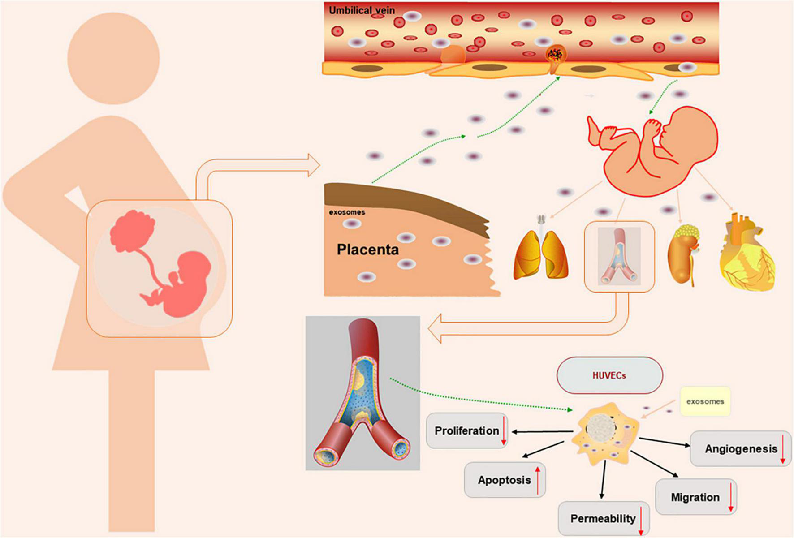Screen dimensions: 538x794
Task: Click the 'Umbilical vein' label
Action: point(362,10)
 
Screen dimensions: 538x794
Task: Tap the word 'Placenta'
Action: point(367,250)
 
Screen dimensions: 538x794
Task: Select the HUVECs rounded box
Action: point(609,375)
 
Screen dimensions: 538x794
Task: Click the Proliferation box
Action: point(467,430)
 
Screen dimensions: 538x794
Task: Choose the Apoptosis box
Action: point(505,480)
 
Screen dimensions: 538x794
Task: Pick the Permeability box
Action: point(603,519)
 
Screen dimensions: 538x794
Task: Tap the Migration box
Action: point(695,497)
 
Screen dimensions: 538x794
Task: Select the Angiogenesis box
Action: point(741,449)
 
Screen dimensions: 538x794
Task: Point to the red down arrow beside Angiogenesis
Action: point(783,449)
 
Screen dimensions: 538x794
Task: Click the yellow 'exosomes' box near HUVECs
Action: point(705,401)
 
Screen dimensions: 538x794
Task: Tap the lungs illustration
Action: point(541,254)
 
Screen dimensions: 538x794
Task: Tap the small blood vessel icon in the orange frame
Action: point(619,257)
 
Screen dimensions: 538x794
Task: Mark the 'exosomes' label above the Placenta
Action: point(347,212)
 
